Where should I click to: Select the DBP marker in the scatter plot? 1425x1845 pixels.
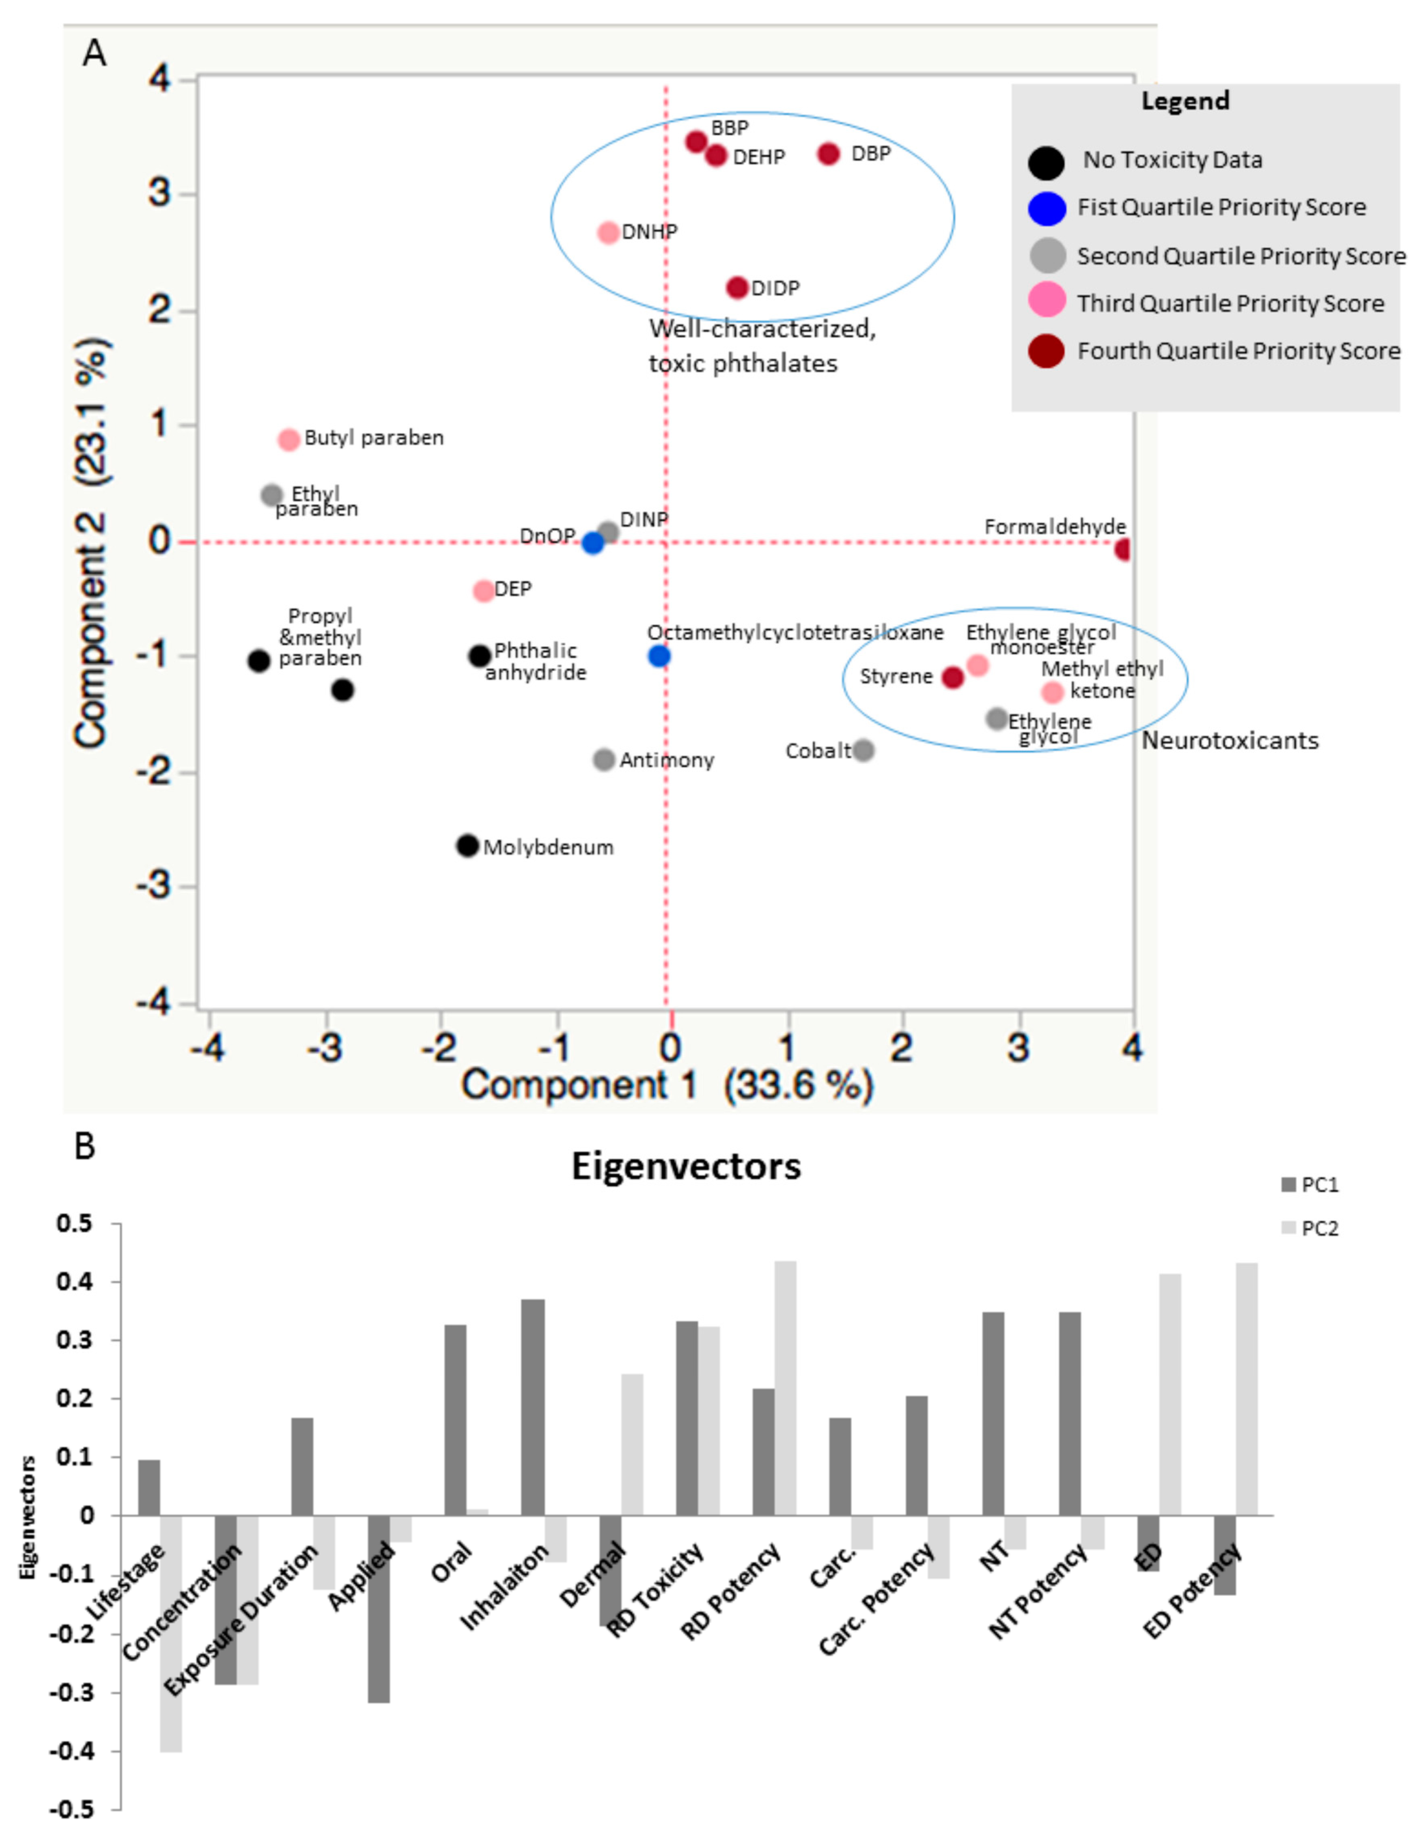tap(829, 154)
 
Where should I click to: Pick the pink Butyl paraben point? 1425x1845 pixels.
tap(289, 439)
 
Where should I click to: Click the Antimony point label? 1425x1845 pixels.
tap(666, 760)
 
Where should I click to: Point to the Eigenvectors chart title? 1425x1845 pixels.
tap(686, 1166)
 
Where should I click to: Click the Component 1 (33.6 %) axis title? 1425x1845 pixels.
tap(666, 1085)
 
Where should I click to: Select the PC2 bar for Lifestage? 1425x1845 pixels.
tap(171, 1633)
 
